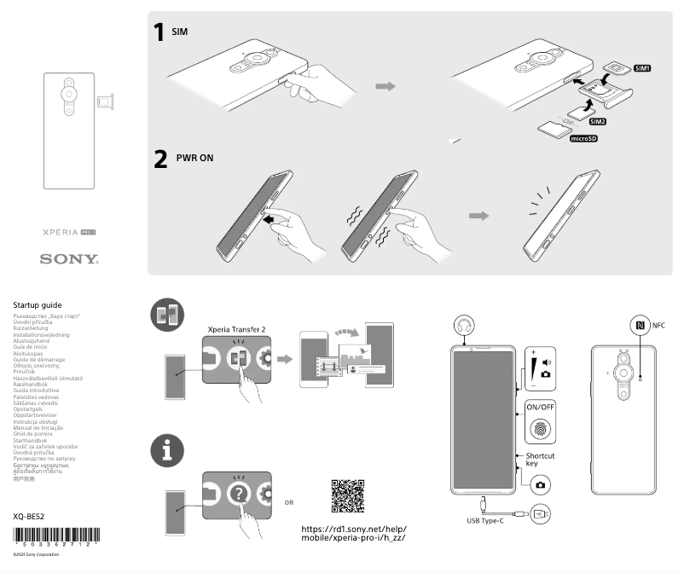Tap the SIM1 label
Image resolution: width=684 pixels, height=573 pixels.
(642, 68)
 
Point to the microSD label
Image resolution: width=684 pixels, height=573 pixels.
(583, 138)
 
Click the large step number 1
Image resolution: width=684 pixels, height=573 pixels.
(159, 33)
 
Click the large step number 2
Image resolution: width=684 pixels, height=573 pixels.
(159, 159)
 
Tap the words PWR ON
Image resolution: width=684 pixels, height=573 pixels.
(194, 159)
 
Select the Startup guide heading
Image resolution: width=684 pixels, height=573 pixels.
(38, 304)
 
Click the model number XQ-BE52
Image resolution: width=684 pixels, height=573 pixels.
(31, 516)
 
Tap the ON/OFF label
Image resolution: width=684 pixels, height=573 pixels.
(541, 407)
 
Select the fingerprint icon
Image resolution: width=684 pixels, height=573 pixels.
(541, 431)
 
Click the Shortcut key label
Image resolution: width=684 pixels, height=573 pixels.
(540, 460)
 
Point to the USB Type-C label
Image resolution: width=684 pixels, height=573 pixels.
(485, 520)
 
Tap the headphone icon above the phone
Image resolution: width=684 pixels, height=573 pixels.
(465, 327)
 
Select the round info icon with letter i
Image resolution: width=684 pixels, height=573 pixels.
(167, 450)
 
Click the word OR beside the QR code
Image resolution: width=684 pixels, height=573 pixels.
(289, 502)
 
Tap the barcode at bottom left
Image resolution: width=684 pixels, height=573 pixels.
(56, 538)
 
